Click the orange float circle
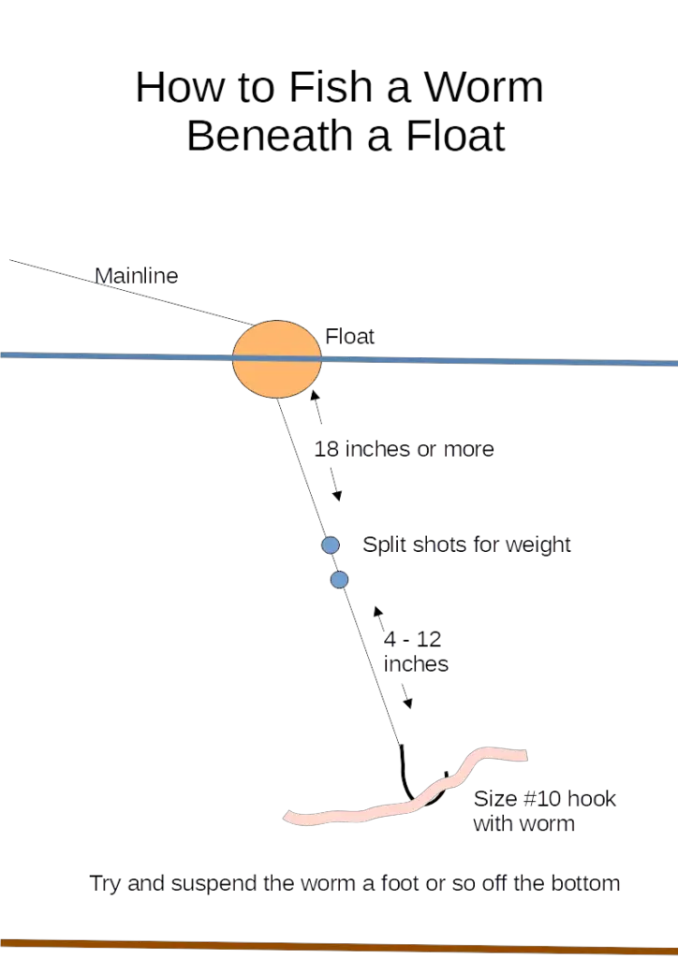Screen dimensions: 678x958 pos(277,359)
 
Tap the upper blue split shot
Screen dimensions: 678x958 pos(331,544)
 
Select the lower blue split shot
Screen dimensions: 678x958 pos(339,579)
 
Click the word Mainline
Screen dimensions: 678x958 pos(137,276)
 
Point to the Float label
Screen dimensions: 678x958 pos(349,336)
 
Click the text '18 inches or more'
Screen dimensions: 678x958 pos(405,449)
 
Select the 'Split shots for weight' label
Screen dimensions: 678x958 pos(466,544)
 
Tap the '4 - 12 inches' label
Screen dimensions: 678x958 pos(416,651)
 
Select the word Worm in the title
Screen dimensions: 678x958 pos(483,87)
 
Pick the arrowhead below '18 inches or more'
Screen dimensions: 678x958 pos(337,496)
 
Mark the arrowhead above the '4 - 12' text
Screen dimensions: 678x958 pos(377,612)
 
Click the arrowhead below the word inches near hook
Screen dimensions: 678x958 pos(408,704)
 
